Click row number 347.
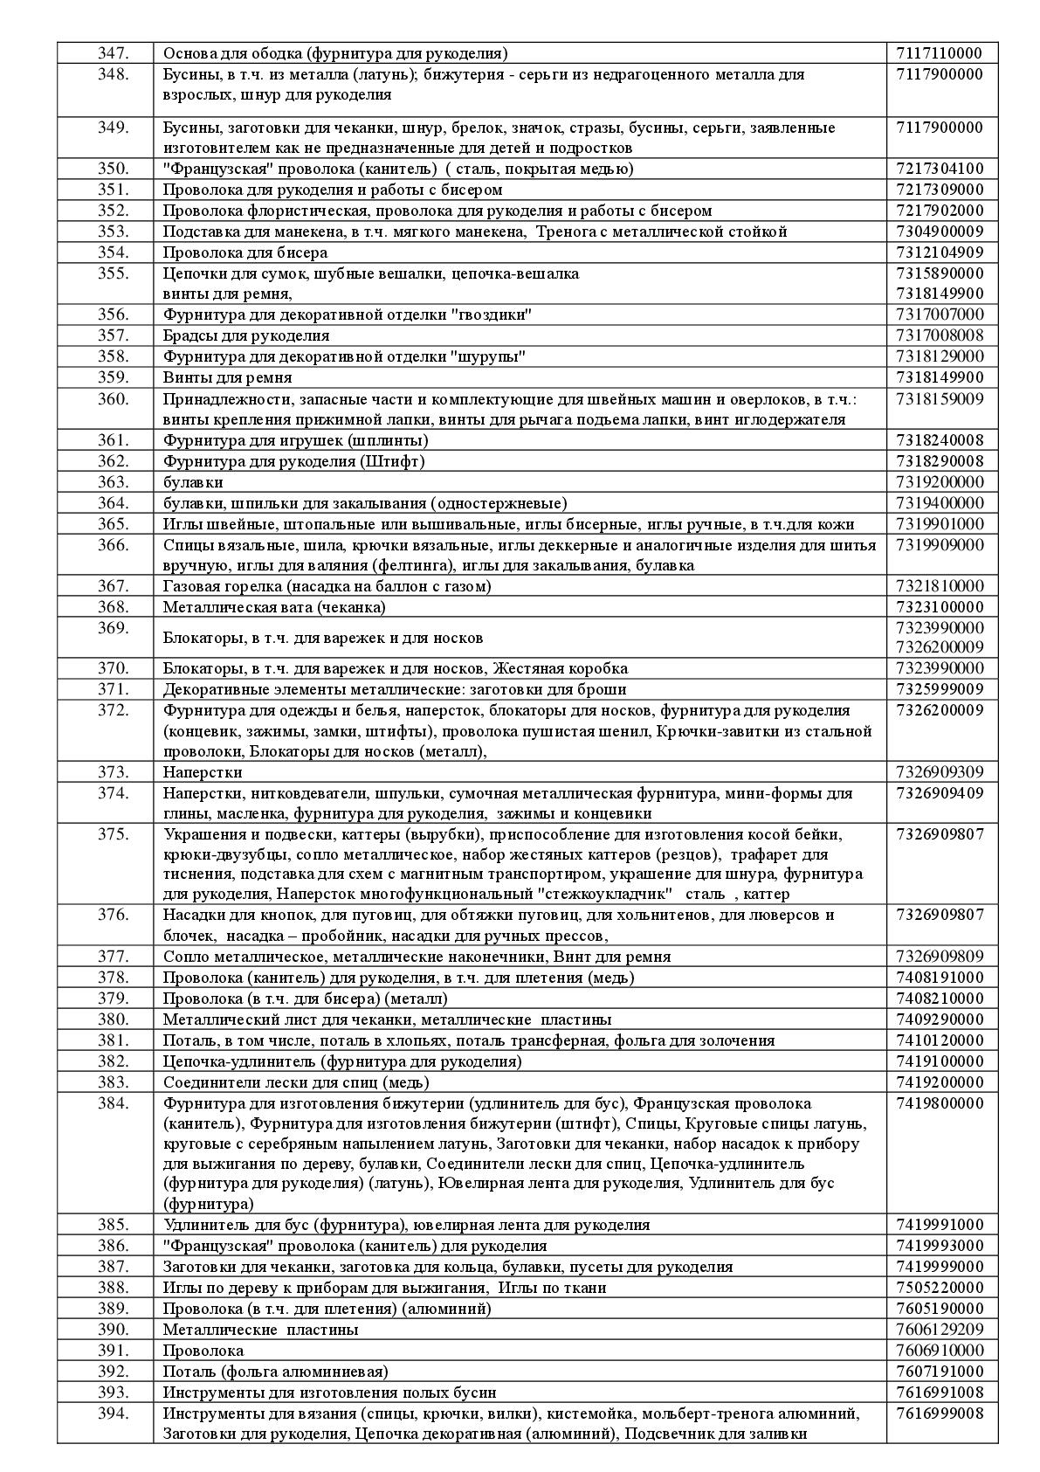coord(113,53)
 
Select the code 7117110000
coord(939,53)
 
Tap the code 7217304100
coord(939,169)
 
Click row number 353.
coord(113,232)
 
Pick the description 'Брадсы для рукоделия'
coord(246,335)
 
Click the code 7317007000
coord(939,314)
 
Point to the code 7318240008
coord(939,440)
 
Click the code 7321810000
coord(939,586)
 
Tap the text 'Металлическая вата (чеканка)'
coord(274,607)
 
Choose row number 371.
coord(113,689)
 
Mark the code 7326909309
coord(939,772)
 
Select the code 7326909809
coord(939,957)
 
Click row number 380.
coord(113,1019)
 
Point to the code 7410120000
coord(939,1040)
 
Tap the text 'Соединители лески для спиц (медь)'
coord(296,1082)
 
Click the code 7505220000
coord(939,1288)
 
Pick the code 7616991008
coord(939,1393)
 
